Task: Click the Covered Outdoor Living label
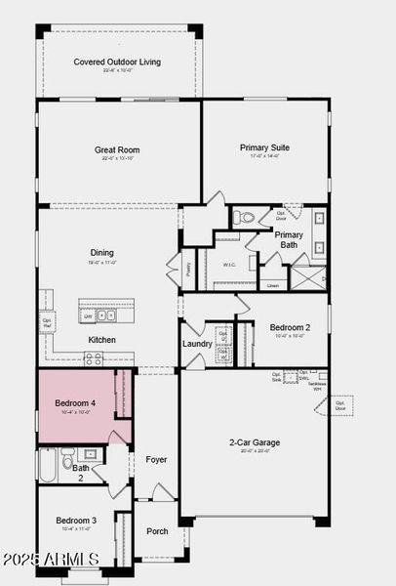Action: (x=117, y=63)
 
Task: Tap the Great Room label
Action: (x=117, y=150)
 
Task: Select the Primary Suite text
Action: (x=264, y=147)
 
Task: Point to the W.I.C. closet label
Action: (x=229, y=265)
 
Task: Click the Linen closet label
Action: (x=272, y=285)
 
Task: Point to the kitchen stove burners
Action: (x=94, y=358)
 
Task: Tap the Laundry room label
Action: (x=197, y=344)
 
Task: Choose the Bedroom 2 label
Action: (x=290, y=327)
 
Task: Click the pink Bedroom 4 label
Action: (x=75, y=402)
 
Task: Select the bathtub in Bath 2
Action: (x=47, y=468)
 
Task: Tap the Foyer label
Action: (x=156, y=459)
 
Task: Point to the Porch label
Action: (x=157, y=531)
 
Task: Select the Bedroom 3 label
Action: (x=75, y=521)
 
